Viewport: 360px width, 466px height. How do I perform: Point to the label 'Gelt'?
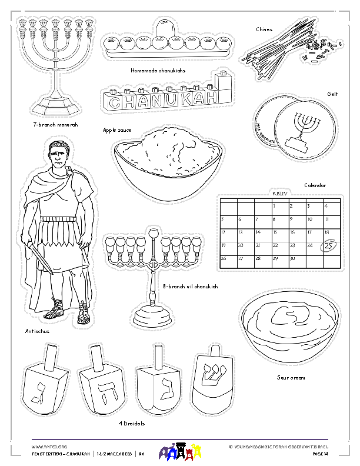332,94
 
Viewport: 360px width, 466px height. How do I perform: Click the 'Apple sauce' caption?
117,130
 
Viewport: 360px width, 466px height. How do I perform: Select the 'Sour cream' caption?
291,378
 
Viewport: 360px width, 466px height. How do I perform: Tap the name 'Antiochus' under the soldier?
38,331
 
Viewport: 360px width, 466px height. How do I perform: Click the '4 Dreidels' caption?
131,423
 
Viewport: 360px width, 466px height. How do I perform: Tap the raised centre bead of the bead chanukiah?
166,26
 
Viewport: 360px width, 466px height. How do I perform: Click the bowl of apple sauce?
167,162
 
